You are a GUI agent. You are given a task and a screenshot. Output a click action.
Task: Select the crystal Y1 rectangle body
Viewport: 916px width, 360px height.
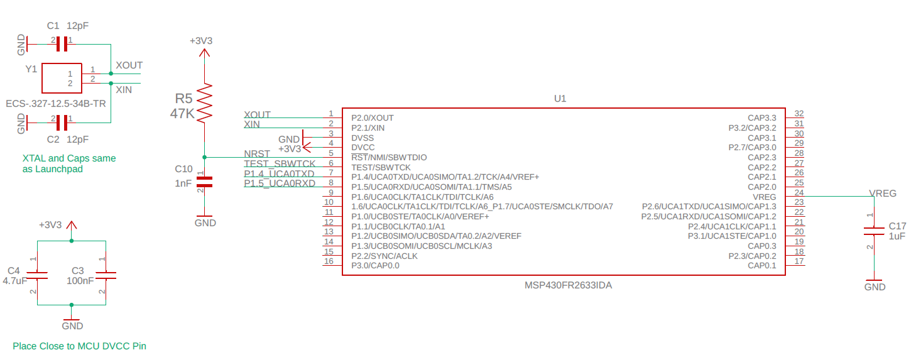click(x=62, y=79)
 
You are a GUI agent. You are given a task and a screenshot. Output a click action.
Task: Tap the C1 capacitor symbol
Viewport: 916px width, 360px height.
click(x=62, y=43)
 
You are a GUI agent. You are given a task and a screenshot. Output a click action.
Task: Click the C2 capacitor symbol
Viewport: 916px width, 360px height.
click(x=62, y=121)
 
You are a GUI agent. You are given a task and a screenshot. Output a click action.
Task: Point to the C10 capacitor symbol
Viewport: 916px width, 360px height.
click(x=204, y=182)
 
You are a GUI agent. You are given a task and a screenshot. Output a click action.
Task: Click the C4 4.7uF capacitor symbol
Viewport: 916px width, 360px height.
click(x=38, y=275)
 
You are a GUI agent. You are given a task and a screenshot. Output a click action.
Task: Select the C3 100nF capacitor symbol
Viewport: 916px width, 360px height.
click(x=106, y=275)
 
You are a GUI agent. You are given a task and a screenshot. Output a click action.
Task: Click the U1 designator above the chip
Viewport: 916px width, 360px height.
click(x=560, y=99)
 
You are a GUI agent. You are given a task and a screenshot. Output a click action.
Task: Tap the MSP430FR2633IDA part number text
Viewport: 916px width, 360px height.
click(x=568, y=285)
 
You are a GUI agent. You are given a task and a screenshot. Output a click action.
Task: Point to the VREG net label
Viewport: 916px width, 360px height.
click(x=882, y=193)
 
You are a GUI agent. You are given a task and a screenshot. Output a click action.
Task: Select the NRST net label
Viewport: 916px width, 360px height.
click(x=257, y=153)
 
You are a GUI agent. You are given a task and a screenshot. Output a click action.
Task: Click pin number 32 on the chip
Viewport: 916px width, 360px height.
click(x=799, y=114)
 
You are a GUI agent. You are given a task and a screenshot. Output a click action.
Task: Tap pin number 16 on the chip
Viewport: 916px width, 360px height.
click(x=328, y=261)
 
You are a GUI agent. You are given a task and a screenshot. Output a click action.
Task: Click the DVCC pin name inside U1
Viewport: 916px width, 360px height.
click(x=363, y=148)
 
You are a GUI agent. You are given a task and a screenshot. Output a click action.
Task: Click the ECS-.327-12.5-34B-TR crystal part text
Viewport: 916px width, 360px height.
click(x=55, y=104)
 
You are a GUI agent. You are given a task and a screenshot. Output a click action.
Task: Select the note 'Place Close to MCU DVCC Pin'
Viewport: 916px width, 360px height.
click(x=79, y=346)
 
